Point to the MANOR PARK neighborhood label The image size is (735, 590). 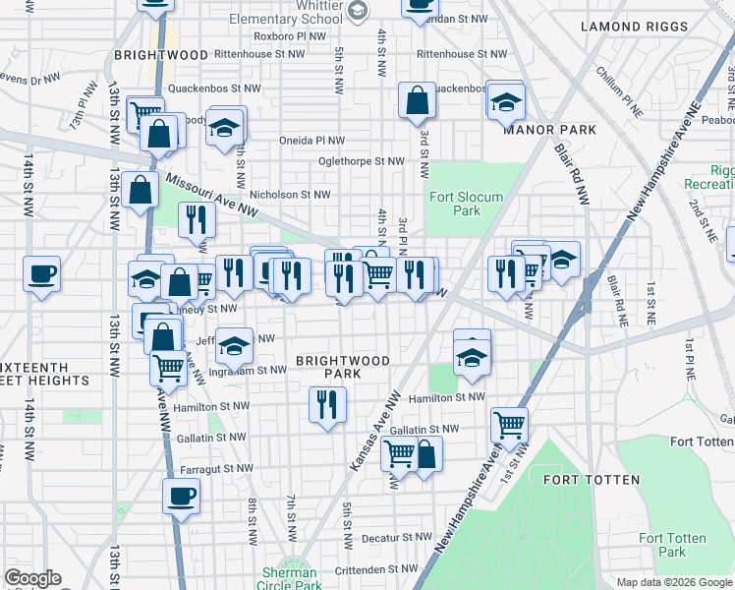tap(544, 130)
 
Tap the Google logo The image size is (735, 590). tap(32, 578)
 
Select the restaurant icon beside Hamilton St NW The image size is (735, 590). tap(326, 404)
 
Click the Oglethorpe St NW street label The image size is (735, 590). tap(362, 161)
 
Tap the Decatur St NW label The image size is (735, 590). tap(398, 538)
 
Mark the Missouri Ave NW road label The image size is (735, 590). tap(211, 195)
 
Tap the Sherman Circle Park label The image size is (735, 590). tap(290, 579)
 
